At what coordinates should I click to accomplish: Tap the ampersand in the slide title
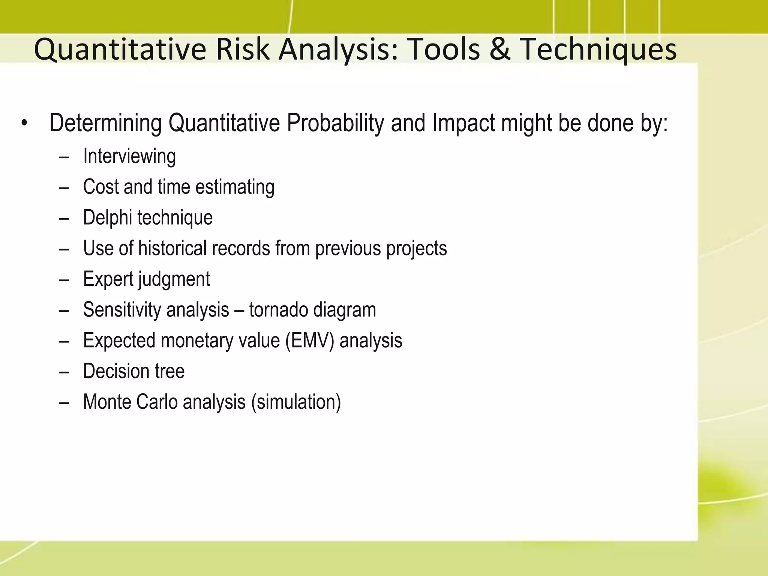pyautogui.click(x=500, y=50)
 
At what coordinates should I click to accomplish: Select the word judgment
pyautogui.click(x=174, y=279)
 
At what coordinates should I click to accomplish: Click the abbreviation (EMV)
pyautogui.click(x=309, y=340)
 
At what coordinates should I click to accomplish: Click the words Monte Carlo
pyautogui.click(x=130, y=402)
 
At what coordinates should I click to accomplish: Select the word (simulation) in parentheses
pyautogui.click(x=296, y=402)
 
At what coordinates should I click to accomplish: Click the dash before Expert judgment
pyautogui.click(x=64, y=280)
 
